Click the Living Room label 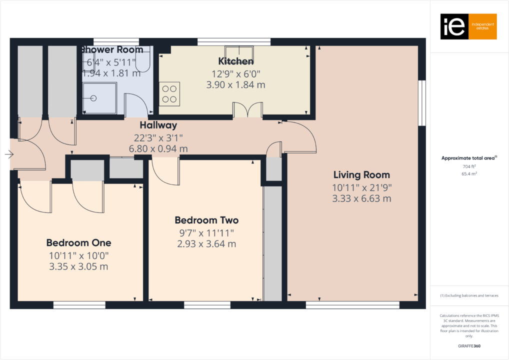point(361,175)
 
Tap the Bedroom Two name point(206,220)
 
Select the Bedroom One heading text point(78,243)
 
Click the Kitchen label point(235,61)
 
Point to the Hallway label point(158,125)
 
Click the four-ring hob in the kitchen point(169,94)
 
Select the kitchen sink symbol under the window point(238,51)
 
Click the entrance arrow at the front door point(9,154)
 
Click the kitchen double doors point(248,110)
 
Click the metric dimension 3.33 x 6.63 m point(361,198)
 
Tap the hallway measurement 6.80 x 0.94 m point(158,148)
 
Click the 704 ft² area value point(469,166)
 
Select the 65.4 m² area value point(469,173)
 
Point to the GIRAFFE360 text point(469,345)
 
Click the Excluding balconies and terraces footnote point(469,295)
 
